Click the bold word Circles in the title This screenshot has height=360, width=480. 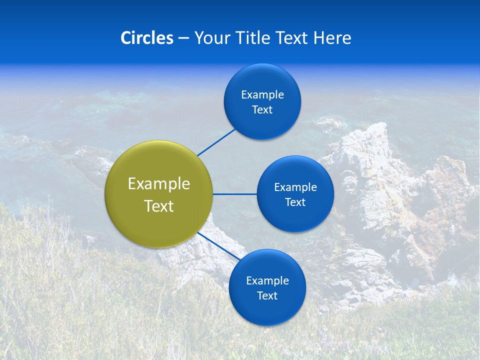(x=146, y=38)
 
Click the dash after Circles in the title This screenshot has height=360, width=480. (x=183, y=38)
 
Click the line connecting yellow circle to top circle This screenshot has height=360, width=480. (x=216, y=142)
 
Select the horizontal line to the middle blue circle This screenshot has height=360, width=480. (x=234, y=194)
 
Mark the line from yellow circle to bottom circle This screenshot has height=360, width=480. (x=219, y=246)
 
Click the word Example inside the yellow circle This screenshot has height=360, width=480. (x=159, y=184)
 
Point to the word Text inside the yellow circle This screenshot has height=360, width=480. (x=159, y=206)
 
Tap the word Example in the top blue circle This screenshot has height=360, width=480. (x=262, y=95)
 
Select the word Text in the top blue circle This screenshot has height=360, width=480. (x=262, y=110)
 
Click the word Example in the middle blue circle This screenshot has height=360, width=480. (x=295, y=187)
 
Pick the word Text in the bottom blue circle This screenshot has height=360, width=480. (x=267, y=295)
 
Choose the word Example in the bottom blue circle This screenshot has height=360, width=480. (x=267, y=280)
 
